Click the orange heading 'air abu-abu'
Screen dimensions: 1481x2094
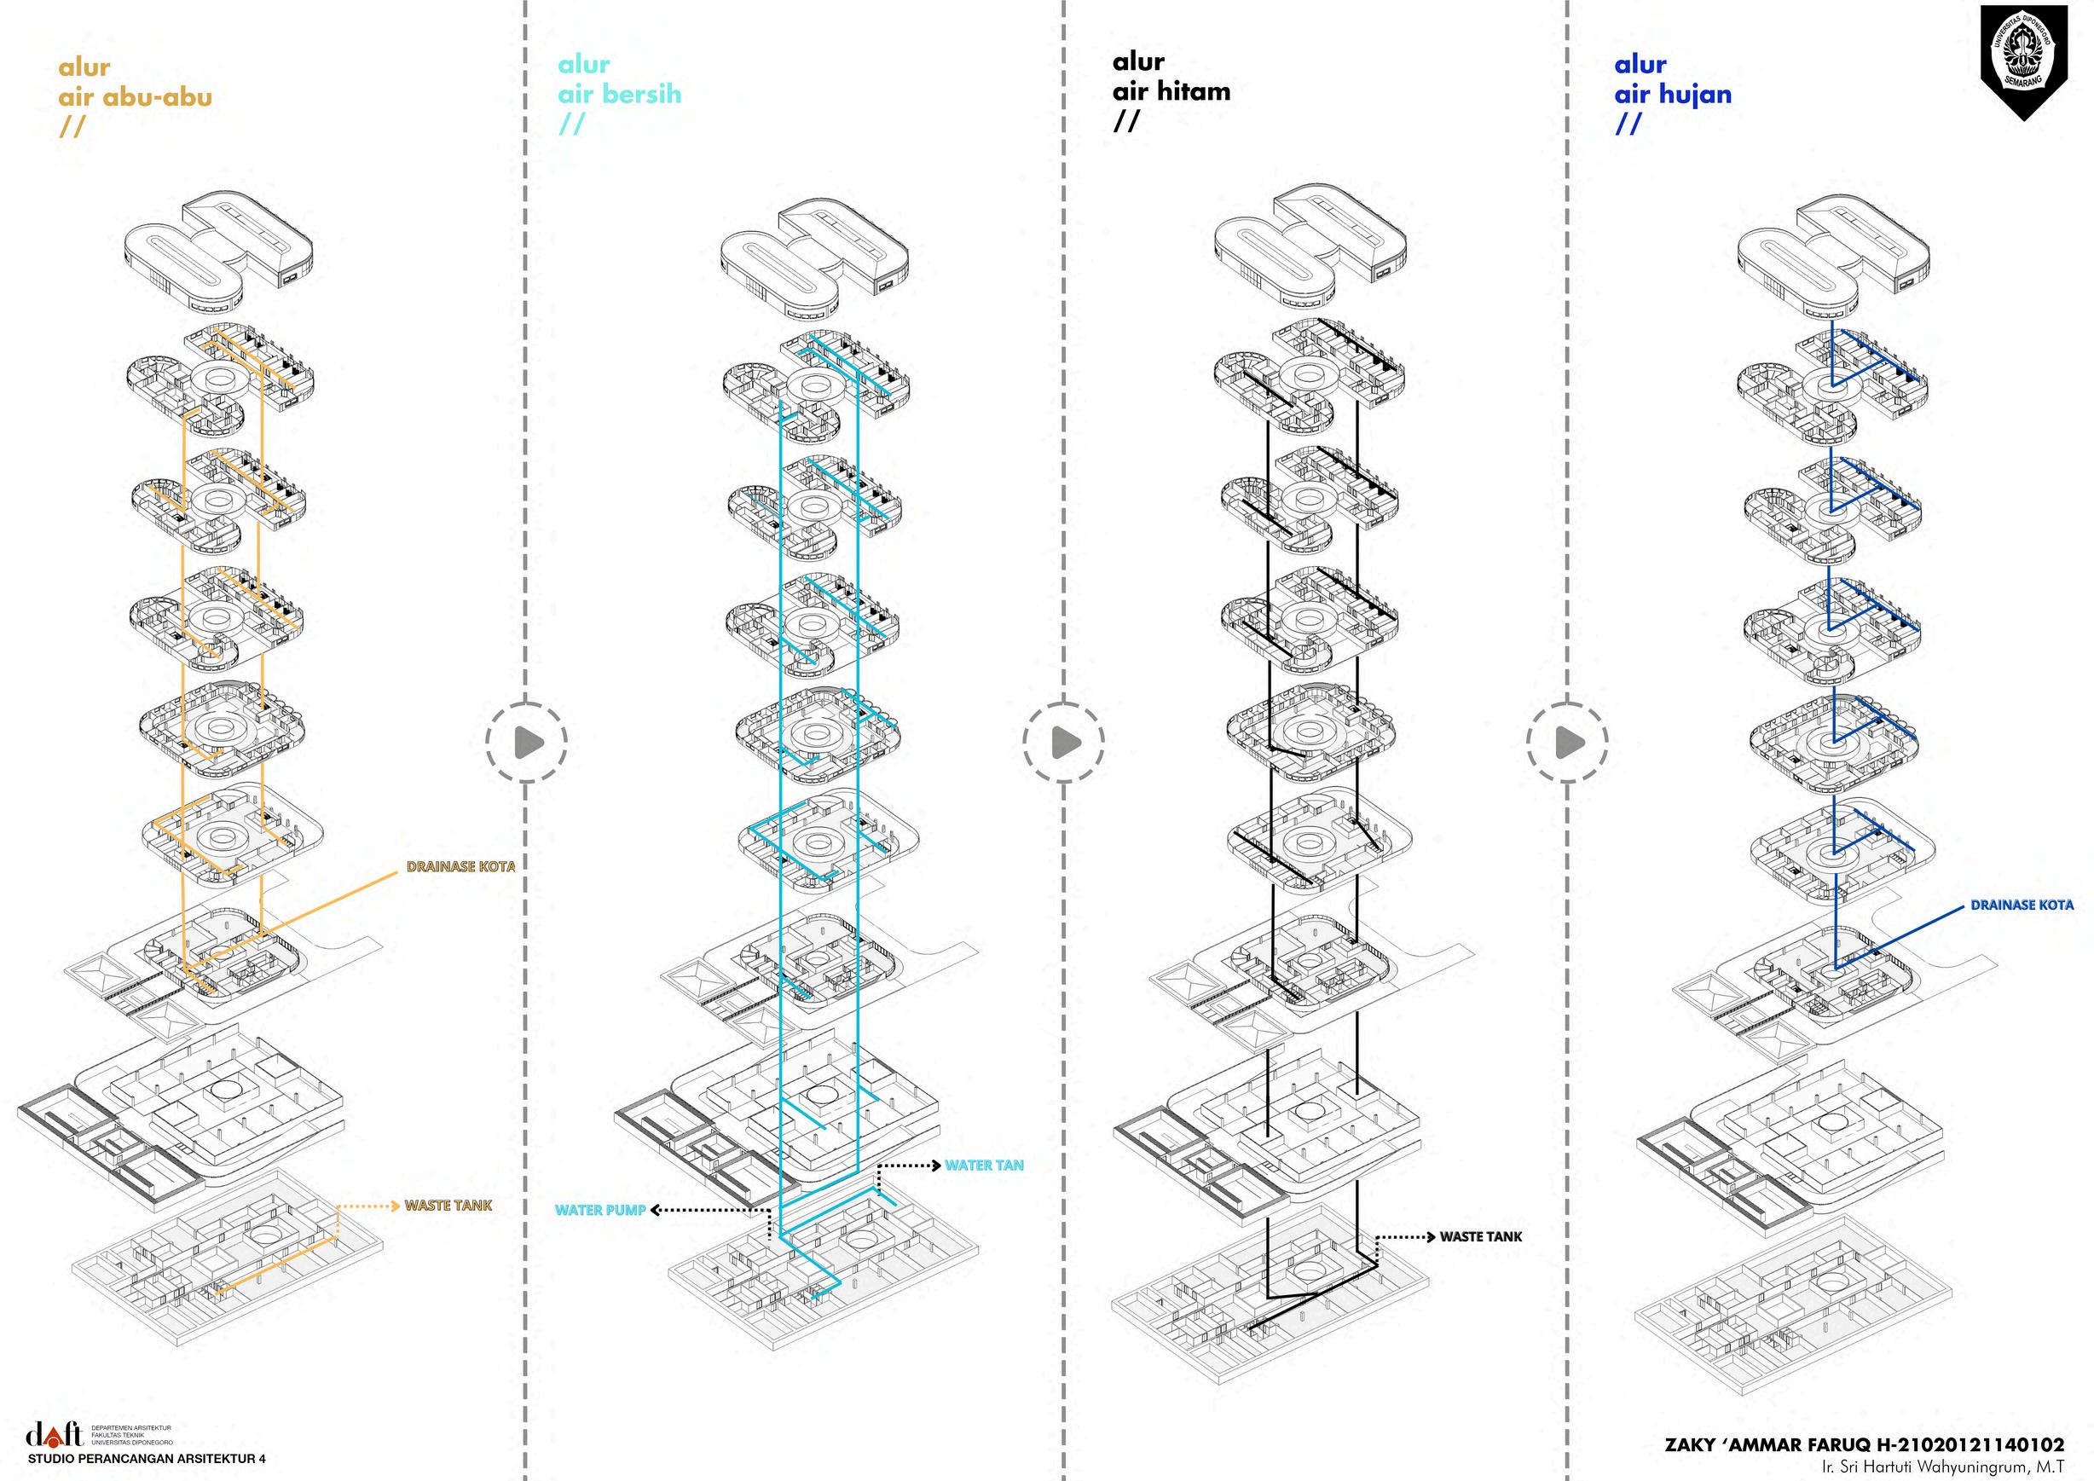click(x=135, y=96)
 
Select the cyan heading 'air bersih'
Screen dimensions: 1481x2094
click(x=619, y=94)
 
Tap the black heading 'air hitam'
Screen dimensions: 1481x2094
click(x=1171, y=91)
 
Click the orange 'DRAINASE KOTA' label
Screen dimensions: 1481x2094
click(x=460, y=866)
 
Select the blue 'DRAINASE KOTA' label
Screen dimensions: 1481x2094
click(x=2022, y=905)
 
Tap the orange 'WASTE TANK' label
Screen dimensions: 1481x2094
click(x=448, y=1206)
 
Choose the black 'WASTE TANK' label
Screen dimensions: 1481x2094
click(x=1481, y=1236)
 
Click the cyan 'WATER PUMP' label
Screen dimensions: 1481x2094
click(x=600, y=1210)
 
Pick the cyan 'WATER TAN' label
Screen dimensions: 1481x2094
click(x=984, y=1166)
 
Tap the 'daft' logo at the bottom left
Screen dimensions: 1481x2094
click(x=54, y=1434)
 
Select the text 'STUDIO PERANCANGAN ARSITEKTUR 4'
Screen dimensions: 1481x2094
click(x=147, y=1459)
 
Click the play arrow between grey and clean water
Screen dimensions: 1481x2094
click(x=527, y=743)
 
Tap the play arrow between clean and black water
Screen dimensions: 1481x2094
click(x=1064, y=743)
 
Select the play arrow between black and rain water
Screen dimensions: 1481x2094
click(x=1567, y=743)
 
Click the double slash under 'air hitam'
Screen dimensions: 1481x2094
click(x=1126, y=121)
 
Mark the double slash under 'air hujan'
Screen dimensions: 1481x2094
click(x=1628, y=124)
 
